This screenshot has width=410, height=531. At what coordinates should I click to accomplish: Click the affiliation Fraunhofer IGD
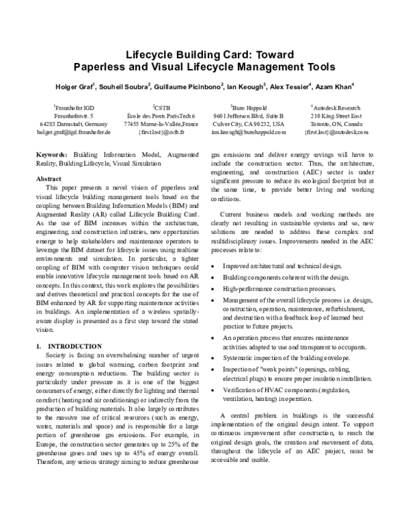(73, 107)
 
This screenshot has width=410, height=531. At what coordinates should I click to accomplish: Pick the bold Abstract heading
(48, 178)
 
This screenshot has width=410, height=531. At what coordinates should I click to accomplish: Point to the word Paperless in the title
(103, 67)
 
